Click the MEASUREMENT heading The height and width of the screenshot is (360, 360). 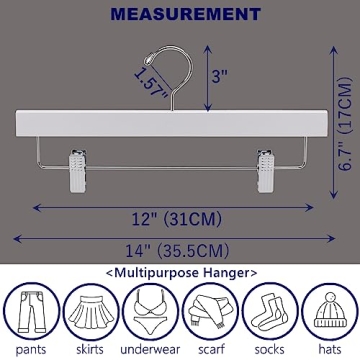tap(180, 15)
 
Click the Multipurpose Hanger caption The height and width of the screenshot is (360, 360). tap(181, 271)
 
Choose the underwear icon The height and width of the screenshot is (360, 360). tap(150, 310)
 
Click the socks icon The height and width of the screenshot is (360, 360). tap(268, 310)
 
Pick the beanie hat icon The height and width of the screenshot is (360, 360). tap(327, 310)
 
